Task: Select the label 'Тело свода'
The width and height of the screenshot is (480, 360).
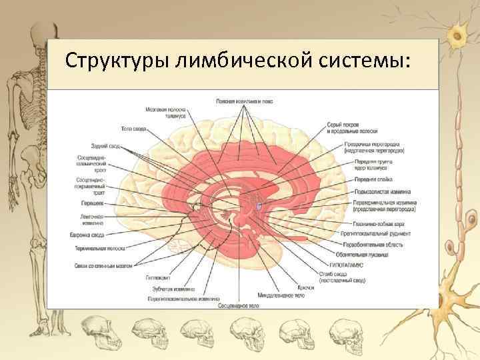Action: pyautogui.click(x=134, y=128)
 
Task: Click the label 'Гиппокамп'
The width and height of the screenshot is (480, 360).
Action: pyautogui.click(x=159, y=277)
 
